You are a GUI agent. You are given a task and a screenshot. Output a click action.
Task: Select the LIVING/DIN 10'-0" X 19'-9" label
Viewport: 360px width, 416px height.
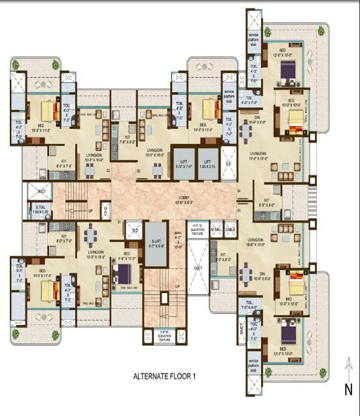(96, 254)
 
